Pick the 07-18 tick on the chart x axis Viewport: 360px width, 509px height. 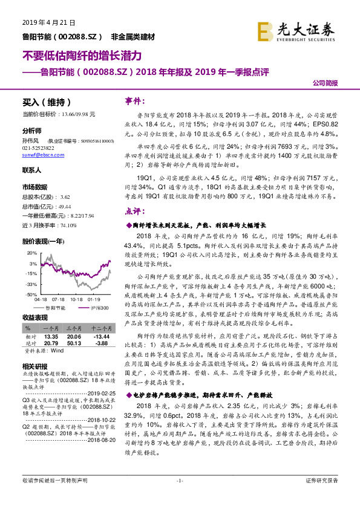[58, 299]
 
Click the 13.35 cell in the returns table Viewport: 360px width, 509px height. [51, 337]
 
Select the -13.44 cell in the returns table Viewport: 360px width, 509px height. [100, 337]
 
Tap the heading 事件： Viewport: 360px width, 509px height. [134, 101]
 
